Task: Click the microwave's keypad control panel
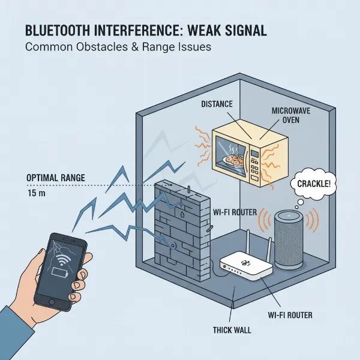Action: click(x=257, y=161)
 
